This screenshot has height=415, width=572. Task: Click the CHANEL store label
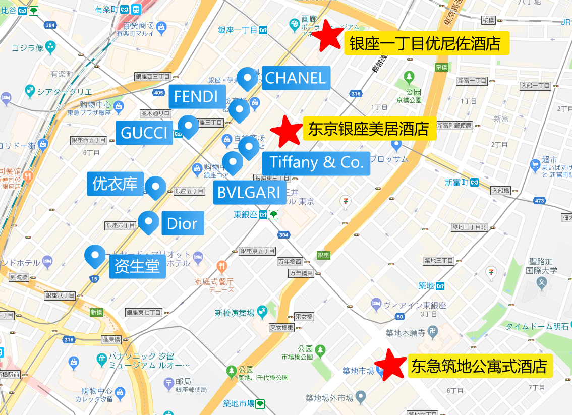[x=296, y=78]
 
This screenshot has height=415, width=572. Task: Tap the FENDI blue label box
[x=196, y=97]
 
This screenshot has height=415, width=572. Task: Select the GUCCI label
[x=144, y=133]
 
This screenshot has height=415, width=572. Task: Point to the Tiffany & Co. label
[x=316, y=163]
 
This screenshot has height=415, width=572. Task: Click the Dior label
[x=182, y=223]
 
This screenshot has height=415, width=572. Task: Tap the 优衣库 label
[x=115, y=184]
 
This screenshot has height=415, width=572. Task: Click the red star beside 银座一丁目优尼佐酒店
[x=328, y=35]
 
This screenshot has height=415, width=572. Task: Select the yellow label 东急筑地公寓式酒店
[x=479, y=367]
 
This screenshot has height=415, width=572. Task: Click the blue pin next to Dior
[x=148, y=222]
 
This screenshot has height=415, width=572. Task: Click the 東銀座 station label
[x=246, y=215]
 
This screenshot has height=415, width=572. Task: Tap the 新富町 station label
[x=457, y=183]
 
